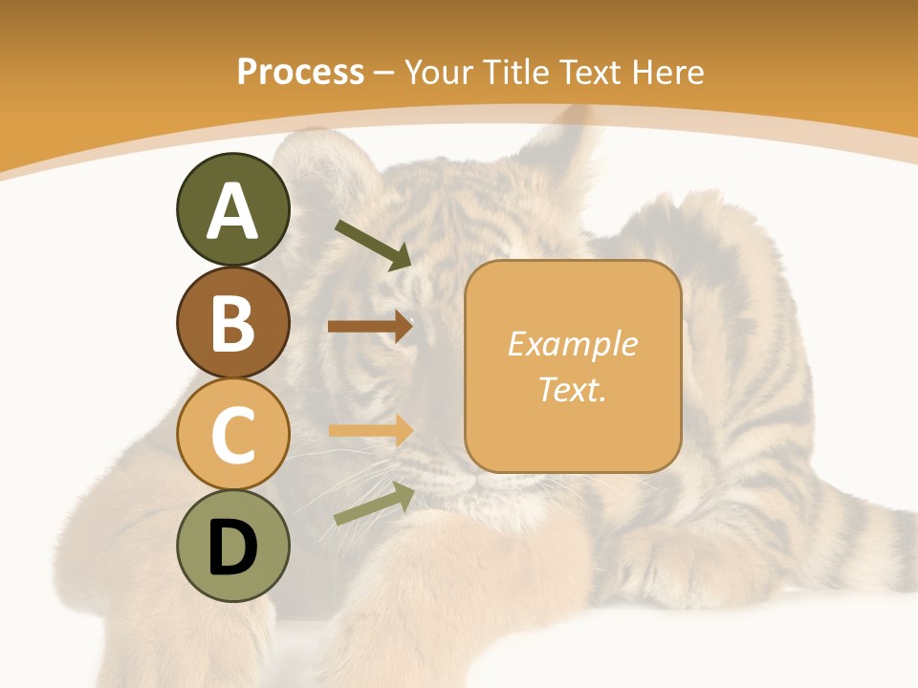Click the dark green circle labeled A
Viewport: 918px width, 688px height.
click(x=232, y=209)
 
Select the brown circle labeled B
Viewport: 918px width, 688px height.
click(x=232, y=323)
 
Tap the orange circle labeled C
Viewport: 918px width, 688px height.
click(x=232, y=435)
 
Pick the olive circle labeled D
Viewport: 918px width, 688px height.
click(x=232, y=547)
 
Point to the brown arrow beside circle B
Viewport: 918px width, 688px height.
click(x=370, y=326)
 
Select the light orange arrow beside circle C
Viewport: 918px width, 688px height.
click(x=370, y=430)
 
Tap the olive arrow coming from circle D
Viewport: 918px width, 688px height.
click(x=374, y=504)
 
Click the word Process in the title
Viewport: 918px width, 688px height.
click(x=300, y=73)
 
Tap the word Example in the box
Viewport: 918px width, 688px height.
click(x=573, y=344)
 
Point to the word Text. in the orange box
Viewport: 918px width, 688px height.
click(x=573, y=389)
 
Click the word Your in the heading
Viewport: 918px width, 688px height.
click(x=441, y=73)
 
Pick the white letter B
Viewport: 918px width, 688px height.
click(x=232, y=323)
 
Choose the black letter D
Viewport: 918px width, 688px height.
click(x=232, y=548)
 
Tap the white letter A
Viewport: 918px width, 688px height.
click(x=232, y=210)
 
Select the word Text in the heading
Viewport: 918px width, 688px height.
click(x=592, y=73)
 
